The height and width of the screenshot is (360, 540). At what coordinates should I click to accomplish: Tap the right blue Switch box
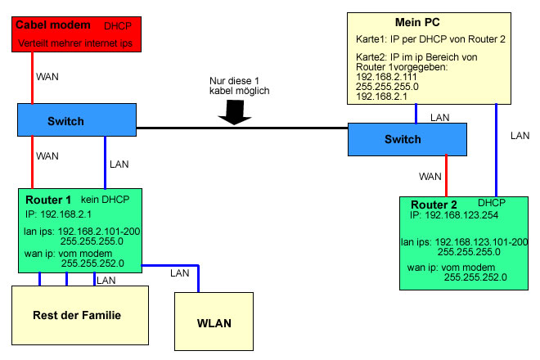pos(407,140)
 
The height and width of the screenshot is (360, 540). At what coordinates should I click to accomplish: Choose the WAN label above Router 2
pos(430,176)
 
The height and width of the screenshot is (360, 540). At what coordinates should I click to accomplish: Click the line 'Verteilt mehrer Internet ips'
pos(80,42)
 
